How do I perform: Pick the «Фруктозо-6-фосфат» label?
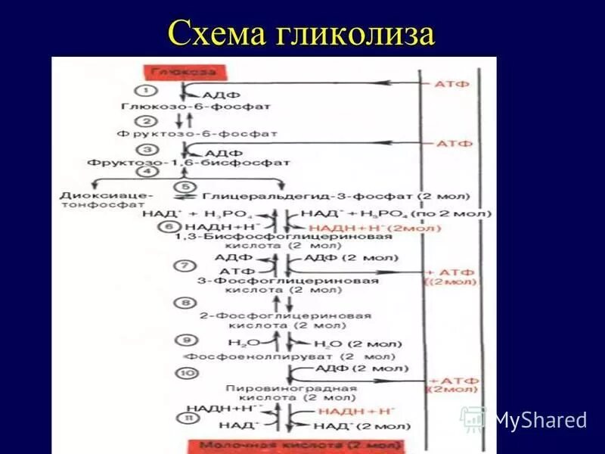[x=197, y=133]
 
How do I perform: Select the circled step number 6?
[x=169, y=226]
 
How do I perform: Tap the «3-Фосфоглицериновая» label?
[x=287, y=281]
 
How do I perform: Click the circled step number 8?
[x=184, y=303]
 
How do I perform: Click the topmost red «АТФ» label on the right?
[x=453, y=84]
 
